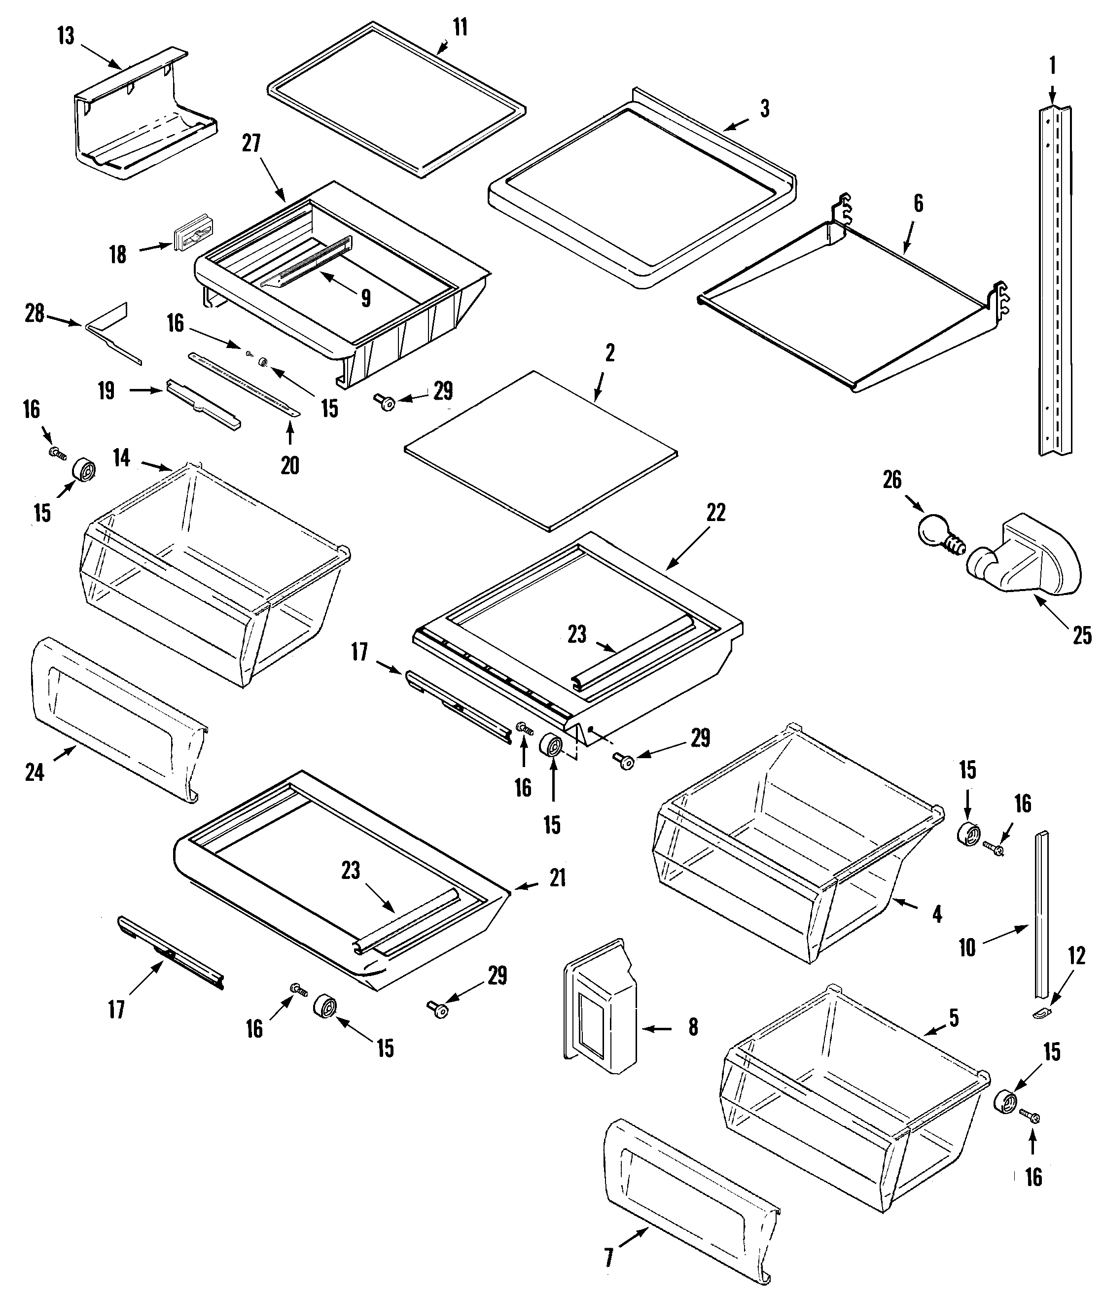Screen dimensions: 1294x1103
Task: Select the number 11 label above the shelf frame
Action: point(460,28)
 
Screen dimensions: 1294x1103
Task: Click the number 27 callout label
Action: point(251,143)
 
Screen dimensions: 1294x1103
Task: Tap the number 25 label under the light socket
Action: point(1082,636)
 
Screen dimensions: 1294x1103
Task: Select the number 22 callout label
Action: point(716,513)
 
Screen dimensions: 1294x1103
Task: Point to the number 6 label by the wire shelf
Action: point(918,204)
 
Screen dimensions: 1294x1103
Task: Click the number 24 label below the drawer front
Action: point(35,773)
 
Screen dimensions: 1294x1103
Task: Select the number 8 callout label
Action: point(693,1027)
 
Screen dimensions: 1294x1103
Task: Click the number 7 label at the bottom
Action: point(609,1257)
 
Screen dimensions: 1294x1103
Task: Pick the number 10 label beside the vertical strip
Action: point(967,948)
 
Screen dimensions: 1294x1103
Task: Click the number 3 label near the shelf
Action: point(764,108)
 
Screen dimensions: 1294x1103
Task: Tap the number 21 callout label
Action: point(557,878)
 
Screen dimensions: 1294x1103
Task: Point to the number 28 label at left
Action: point(35,314)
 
